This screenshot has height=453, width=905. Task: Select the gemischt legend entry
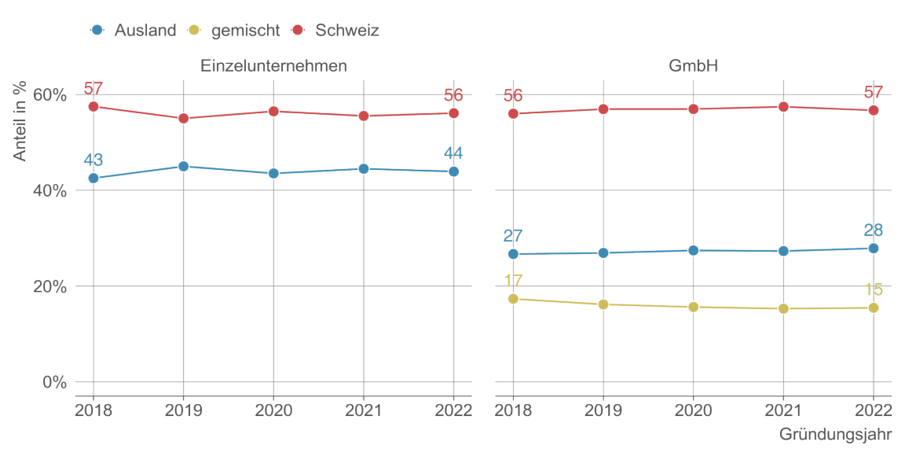tap(233, 31)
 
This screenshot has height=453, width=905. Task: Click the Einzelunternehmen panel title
tap(273, 66)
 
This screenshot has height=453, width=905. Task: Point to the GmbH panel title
tap(693, 66)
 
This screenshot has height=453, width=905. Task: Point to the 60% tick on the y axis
tap(49, 95)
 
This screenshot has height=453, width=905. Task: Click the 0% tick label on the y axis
tap(53, 382)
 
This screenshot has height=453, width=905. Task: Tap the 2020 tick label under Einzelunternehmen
tap(273, 411)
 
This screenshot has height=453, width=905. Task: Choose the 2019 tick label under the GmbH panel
tap(603, 411)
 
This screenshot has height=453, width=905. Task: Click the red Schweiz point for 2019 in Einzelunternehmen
tap(183, 119)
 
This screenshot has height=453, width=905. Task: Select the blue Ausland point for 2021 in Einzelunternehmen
tap(363, 168)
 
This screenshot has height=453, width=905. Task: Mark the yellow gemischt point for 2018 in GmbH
tap(513, 299)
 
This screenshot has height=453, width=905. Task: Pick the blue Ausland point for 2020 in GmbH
tap(693, 250)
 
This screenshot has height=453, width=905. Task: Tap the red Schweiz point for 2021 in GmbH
tap(783, 106)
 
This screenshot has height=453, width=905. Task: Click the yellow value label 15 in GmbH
tap(874, 289)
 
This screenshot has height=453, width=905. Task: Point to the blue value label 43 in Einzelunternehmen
tap(93, 160)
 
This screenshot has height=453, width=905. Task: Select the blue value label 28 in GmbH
tap(874, 230)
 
